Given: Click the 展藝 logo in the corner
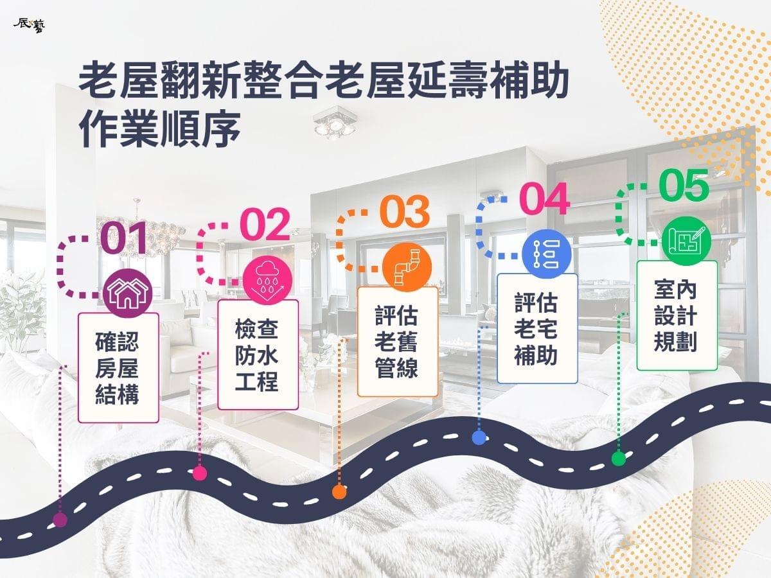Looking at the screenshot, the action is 30,26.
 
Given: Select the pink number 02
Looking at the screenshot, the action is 265,225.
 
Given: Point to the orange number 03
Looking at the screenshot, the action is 405,211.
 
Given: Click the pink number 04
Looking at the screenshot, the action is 544,198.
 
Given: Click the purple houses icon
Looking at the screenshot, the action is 128,293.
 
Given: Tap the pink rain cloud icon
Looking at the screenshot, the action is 268,280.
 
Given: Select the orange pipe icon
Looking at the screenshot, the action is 407,267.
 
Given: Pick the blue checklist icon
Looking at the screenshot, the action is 547,254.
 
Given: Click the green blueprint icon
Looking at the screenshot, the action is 686,241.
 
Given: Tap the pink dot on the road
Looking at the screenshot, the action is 200,473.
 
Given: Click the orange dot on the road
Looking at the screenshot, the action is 339,492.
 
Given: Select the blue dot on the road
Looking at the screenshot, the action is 479,438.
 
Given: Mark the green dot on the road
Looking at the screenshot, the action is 619,459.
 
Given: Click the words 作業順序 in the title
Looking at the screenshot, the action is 160,129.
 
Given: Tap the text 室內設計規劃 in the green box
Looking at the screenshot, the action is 675,316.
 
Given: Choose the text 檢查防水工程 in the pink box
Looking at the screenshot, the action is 257,355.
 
